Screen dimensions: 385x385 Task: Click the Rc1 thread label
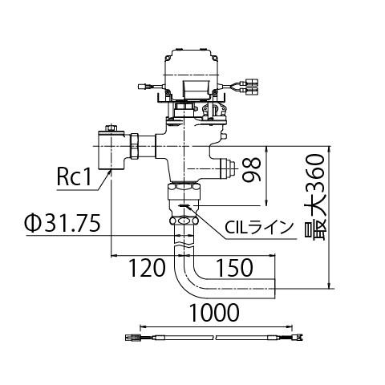point(74,176)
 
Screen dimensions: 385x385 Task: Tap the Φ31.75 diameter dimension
point(63,222)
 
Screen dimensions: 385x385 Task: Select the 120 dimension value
point(148,268)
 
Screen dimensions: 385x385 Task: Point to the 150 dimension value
point(234,268)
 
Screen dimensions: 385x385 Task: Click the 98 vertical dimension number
point(252,169)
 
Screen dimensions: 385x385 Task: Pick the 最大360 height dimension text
point(315,197)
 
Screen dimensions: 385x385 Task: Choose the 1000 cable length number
point(214,312)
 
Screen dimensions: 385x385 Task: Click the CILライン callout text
point(258,228)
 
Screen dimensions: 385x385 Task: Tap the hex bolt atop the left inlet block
point(111,128)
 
